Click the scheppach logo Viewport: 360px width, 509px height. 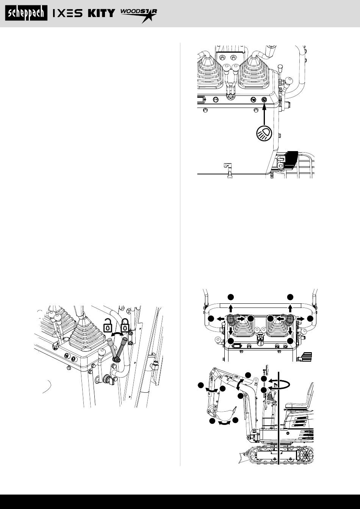27,13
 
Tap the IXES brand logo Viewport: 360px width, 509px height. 68,13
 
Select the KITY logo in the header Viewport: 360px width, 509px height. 102,13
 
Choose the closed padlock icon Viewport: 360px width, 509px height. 124,325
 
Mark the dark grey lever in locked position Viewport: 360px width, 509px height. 122,348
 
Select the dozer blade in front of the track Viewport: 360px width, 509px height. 243,457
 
